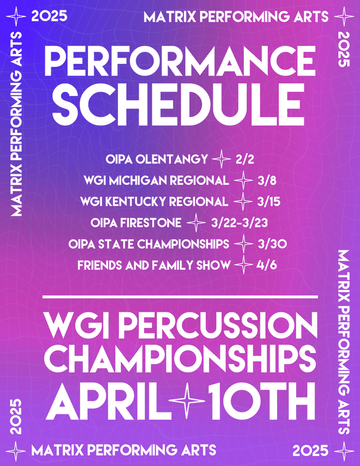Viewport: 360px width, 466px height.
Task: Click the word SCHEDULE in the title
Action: (180, 105)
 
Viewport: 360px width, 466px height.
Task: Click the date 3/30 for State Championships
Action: (272, 245)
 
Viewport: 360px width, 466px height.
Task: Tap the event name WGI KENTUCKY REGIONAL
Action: (155, 202)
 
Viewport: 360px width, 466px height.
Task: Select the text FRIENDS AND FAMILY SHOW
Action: (154, 265)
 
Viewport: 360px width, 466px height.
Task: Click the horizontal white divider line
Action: (180, 297)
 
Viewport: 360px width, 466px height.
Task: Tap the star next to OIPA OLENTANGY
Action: (220, 158)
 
